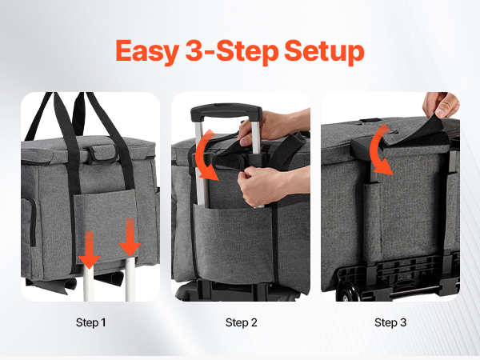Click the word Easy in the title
(147, 51)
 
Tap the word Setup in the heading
(324, 51)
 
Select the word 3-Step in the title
(232, 51)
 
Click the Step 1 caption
(90, 322)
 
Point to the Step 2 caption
(242, 322)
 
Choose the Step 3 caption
(390, 322)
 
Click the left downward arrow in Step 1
(89, 250)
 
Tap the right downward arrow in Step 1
(130, 238)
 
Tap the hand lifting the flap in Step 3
(441, 104)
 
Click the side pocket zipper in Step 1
(33, 222)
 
